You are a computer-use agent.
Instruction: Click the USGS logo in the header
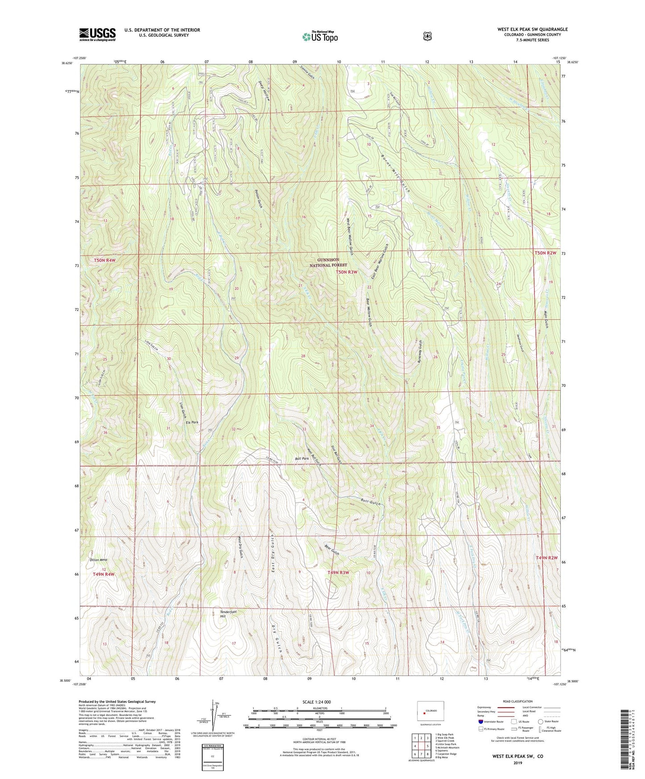pyautogui.click(x=97, y=34)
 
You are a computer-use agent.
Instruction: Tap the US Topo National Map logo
pyautogui.click(x=320, y=37)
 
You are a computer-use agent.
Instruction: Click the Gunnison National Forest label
pyautogui.click(x=328, y=262)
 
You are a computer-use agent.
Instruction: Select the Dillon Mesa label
pyautogui.click(x=99, y=559)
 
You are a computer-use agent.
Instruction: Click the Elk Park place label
pyautogui.click(x=192, y=422)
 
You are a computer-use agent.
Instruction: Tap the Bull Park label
pyautogui.click(x=302, y=458)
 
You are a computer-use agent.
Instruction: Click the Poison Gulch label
pyautogui.click(x=258, y=199)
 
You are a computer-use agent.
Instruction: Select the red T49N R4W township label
pyautogui.click(x=104, y=574)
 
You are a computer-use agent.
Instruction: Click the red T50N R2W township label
pyautogui.click(x=545, y=253)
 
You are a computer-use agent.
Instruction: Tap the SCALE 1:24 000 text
pyautogui.click(x=316, y=702)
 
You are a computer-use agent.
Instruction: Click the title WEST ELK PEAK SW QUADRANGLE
pyautogui.click(x=533, y=29)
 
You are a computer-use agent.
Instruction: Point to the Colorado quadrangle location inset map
pyautogui.click(x=430, y=711)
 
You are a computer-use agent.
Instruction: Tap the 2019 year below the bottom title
pyautogui.click(x=517, y=762)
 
